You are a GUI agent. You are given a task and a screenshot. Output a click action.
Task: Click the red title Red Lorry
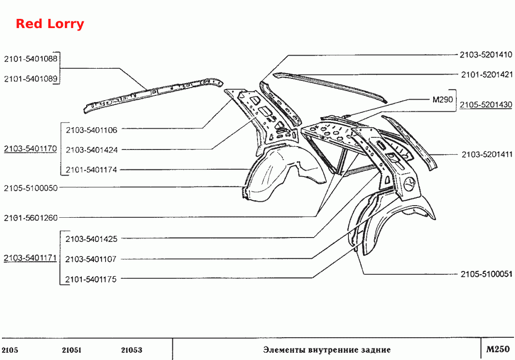point(50,24)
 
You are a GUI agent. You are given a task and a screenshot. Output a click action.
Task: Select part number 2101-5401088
point(30,59)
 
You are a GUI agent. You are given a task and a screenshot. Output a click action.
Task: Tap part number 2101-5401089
point(30,79)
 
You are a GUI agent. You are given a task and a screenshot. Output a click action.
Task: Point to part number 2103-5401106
point(91,130)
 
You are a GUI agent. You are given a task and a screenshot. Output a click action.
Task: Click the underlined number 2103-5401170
point(30,149)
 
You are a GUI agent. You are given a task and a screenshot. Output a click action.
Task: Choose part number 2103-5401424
point(91,150)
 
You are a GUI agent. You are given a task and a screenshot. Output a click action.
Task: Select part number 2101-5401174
point(91,170)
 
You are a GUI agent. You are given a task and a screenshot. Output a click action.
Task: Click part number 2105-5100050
point(30,188)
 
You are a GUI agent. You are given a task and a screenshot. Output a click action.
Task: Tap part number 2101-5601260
point(30,218)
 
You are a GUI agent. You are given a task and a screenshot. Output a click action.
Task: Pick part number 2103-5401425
point(91,239)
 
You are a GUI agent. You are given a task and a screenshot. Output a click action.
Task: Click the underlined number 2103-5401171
point(30,258)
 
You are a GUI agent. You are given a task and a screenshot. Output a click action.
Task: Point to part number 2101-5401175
point(91,280)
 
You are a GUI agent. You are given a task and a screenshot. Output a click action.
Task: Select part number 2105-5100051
point(486,274)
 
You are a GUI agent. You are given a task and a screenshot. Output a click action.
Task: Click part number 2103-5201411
point(487,155)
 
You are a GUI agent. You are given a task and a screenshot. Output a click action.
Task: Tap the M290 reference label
point(442,100)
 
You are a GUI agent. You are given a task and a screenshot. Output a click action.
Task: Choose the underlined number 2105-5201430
point(486,105)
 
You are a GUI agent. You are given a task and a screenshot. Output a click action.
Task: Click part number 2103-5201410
point(486,55)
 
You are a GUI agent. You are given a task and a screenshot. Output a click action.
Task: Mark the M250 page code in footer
point(498,349)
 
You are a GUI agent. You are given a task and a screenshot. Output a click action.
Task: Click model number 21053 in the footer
point(131,350)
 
